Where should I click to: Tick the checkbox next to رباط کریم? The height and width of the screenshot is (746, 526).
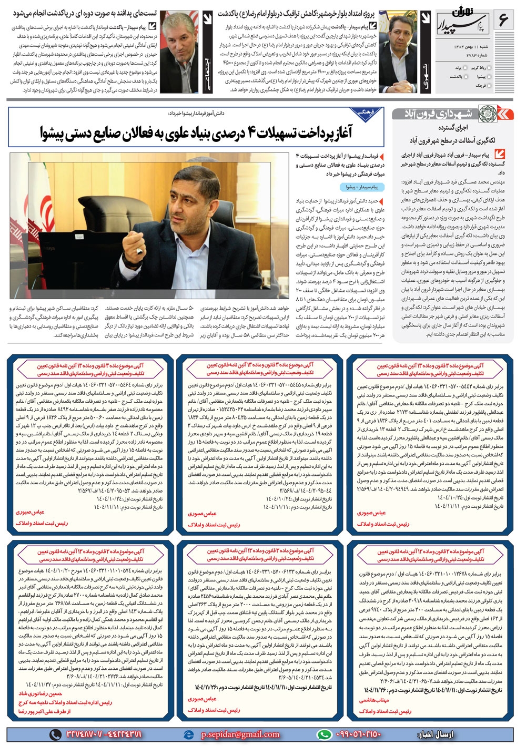[x=490, y=68]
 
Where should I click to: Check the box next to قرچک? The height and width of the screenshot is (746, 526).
[x=490, y=85]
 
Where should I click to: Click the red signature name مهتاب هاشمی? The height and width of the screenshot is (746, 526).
[x=374, y=700]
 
